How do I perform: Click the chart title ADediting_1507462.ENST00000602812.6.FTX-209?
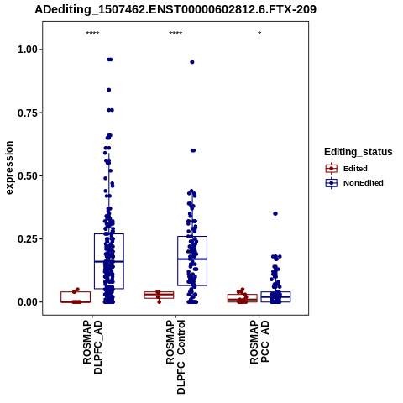click(175, 9)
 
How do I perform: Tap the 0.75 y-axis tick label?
click(28, 113)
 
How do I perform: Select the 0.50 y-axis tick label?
click(28, 176)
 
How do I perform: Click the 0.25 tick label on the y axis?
click(28, 239)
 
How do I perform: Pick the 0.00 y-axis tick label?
click(28, 302)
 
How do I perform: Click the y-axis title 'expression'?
click(9, 168)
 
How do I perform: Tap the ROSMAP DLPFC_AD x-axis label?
click(92, 348)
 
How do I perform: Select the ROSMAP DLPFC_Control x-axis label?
click(175, 357)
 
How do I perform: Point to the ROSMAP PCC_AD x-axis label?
click(259, 343)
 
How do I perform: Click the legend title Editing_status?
click(359, 152)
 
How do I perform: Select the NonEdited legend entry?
click(354, 183)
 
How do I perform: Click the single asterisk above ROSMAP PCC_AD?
click(259, 34)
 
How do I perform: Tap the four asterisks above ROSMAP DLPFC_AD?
click(92, 34)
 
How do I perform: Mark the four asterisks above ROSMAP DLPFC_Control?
click(175, 34)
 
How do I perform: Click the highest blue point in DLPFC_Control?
click(192, 62)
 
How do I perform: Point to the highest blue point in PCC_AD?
click(275, 214)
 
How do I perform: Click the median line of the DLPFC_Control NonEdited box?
click(192, 259)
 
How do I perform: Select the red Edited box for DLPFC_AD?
click(76, 292)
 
